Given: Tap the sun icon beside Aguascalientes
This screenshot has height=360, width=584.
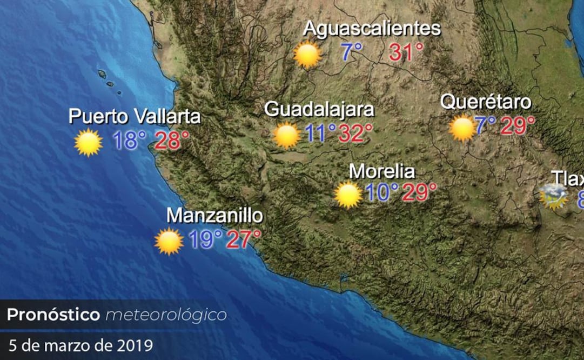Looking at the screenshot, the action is tap(307, 54).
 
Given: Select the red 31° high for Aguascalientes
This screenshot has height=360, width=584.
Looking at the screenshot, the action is tap(406, 52).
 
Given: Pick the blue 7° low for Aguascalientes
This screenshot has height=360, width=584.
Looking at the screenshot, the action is tap(352, 52).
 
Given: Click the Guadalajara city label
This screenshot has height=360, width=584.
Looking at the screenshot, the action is tap(319, 109).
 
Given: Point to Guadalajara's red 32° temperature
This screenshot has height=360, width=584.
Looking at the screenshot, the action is tap(355, 132).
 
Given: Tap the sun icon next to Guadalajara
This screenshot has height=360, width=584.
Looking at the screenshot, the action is tap(286, 135).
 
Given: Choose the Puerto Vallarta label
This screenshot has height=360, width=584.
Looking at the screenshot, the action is tap(135, 116).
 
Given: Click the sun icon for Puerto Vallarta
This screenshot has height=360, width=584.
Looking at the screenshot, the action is tap(88, 143).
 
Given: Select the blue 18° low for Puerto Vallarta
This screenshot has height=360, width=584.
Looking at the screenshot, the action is tap(130, 141).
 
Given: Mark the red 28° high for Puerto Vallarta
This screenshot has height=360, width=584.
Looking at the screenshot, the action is tap(172, 141).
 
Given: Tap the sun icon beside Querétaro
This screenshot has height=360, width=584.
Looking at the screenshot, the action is tap(462, 129).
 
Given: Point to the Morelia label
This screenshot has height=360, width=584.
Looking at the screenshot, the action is tap(382, 171).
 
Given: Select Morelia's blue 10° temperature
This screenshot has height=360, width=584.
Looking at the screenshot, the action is tap(382, 192).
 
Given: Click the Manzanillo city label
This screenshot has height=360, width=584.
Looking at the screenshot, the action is tap(214, 215).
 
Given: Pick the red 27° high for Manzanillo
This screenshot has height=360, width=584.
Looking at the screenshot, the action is tap(243, 239).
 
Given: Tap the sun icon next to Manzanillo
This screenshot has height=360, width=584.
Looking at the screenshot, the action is tap(169, 241).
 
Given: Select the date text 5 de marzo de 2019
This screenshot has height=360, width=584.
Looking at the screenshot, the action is tap(80, 344).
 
